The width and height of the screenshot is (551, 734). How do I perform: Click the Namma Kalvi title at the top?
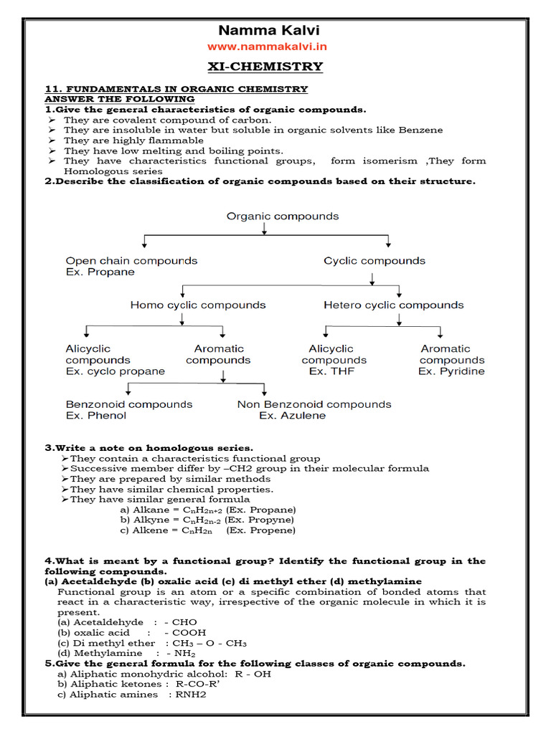click(269, 30)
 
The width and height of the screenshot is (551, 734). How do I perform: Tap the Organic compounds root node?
click(273, 216)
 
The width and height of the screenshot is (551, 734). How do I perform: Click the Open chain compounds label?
click(131, 260)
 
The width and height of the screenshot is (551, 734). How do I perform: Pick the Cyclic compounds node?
click(375, 260)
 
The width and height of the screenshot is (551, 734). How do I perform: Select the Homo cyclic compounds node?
click(198, 305)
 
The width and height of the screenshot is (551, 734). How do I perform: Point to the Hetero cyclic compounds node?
click(394, 305)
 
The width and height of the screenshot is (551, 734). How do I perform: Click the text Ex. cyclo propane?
click(116, 371)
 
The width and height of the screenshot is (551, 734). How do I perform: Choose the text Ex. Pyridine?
click(451, 371)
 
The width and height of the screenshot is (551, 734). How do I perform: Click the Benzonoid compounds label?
click(129, 404)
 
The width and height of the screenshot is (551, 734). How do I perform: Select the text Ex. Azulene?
click(293, 416)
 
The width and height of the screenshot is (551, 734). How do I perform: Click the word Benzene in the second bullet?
click(423, 130)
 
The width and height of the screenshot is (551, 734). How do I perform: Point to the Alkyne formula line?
click(207, 520)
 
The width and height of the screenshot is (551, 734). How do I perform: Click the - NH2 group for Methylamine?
click(179, 654)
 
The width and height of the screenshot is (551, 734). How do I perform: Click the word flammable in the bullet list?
click(177, 140)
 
